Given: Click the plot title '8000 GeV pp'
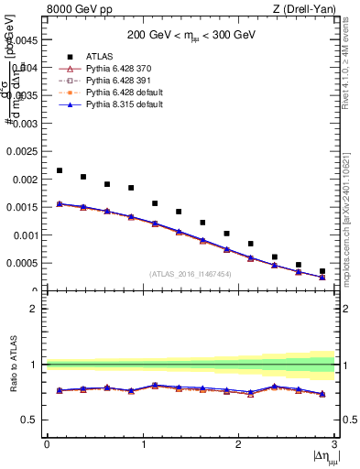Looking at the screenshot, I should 75,10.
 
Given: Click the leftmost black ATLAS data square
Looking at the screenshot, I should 60,170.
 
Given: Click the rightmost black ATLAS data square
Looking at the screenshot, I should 322,271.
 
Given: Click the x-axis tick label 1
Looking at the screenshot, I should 143,444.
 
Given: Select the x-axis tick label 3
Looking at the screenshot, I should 334,444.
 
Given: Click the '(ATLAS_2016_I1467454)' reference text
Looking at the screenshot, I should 191,274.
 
